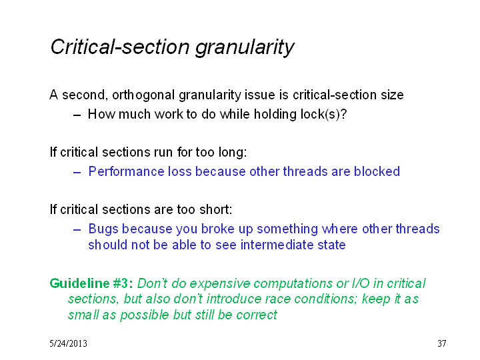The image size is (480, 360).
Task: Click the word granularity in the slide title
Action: (x=245, y=48)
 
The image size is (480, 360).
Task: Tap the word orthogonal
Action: (x=144, y=95)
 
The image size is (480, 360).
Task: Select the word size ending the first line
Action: (x=392, y=95)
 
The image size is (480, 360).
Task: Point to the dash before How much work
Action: (x=77, y=115)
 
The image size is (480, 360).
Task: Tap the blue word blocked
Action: (x=377, y=171)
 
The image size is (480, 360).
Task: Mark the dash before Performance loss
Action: (x=77, y=173)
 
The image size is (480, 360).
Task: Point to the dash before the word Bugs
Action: (x=77, y=230)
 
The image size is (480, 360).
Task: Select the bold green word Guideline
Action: (x=79, y=283)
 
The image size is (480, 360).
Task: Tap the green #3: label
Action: (x=123, y=283)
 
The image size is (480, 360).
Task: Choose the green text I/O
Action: (x=361, y=283)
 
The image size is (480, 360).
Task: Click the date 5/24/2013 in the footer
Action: (x=68, y=343)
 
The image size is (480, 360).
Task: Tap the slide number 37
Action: (x=442, y=343)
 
